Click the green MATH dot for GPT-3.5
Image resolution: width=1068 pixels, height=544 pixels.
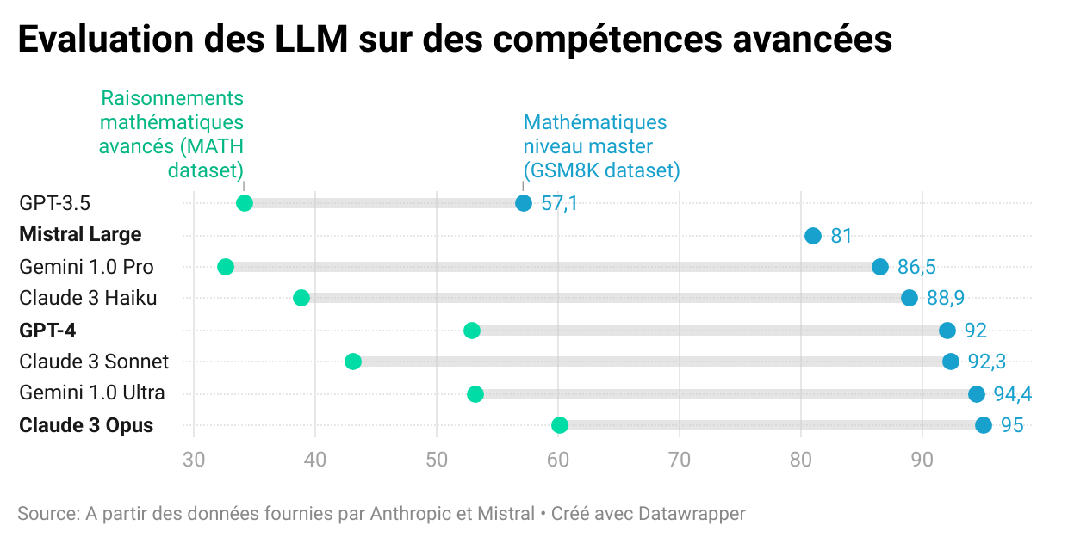click(244, 203)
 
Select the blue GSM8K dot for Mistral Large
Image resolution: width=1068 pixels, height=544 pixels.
click(812, 236)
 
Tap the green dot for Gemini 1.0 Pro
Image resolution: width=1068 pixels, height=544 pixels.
click(226, 267)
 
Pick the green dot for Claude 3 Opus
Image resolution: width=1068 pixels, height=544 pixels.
click(560, 424)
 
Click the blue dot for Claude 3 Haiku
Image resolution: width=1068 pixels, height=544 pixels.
click(910, 298)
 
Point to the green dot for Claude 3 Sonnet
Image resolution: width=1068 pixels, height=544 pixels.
click(352, 362)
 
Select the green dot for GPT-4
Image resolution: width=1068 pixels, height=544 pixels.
click(472, 331)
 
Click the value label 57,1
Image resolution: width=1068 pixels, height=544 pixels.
click(559, 204)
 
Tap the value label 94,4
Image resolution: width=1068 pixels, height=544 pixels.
click(1012, 394)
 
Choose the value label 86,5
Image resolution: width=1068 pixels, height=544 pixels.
click(916, 267)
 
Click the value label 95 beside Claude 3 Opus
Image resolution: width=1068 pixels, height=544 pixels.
click(1011, 425)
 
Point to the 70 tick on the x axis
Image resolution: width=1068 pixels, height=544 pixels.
click(680, 460)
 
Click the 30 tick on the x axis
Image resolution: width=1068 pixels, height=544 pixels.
click(194, 460)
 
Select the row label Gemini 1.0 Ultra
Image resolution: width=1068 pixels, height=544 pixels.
click(92, 393)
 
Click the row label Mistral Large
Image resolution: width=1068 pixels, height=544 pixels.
click(80, 234)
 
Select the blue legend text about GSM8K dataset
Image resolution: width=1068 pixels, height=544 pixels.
click(601, 146)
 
